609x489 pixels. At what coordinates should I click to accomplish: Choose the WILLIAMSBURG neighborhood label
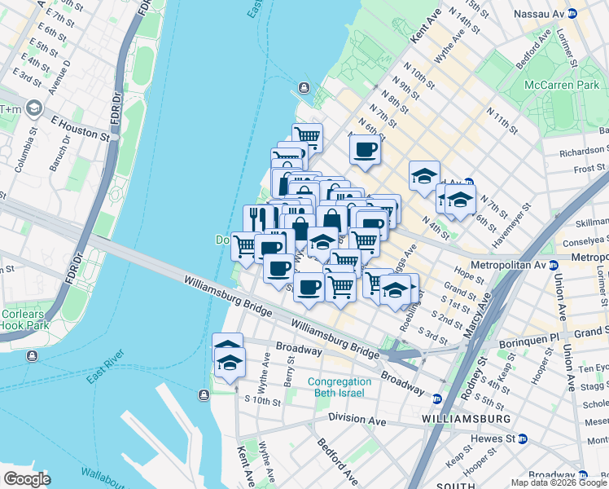[x=467, y=418]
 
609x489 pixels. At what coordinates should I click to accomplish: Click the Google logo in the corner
[x=26, y=478]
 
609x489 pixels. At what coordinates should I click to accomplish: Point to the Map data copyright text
[x=559, y=482]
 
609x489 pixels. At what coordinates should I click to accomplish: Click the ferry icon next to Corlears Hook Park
[x=32, y=355]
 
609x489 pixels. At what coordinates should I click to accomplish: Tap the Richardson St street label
[x=585, y=150]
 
